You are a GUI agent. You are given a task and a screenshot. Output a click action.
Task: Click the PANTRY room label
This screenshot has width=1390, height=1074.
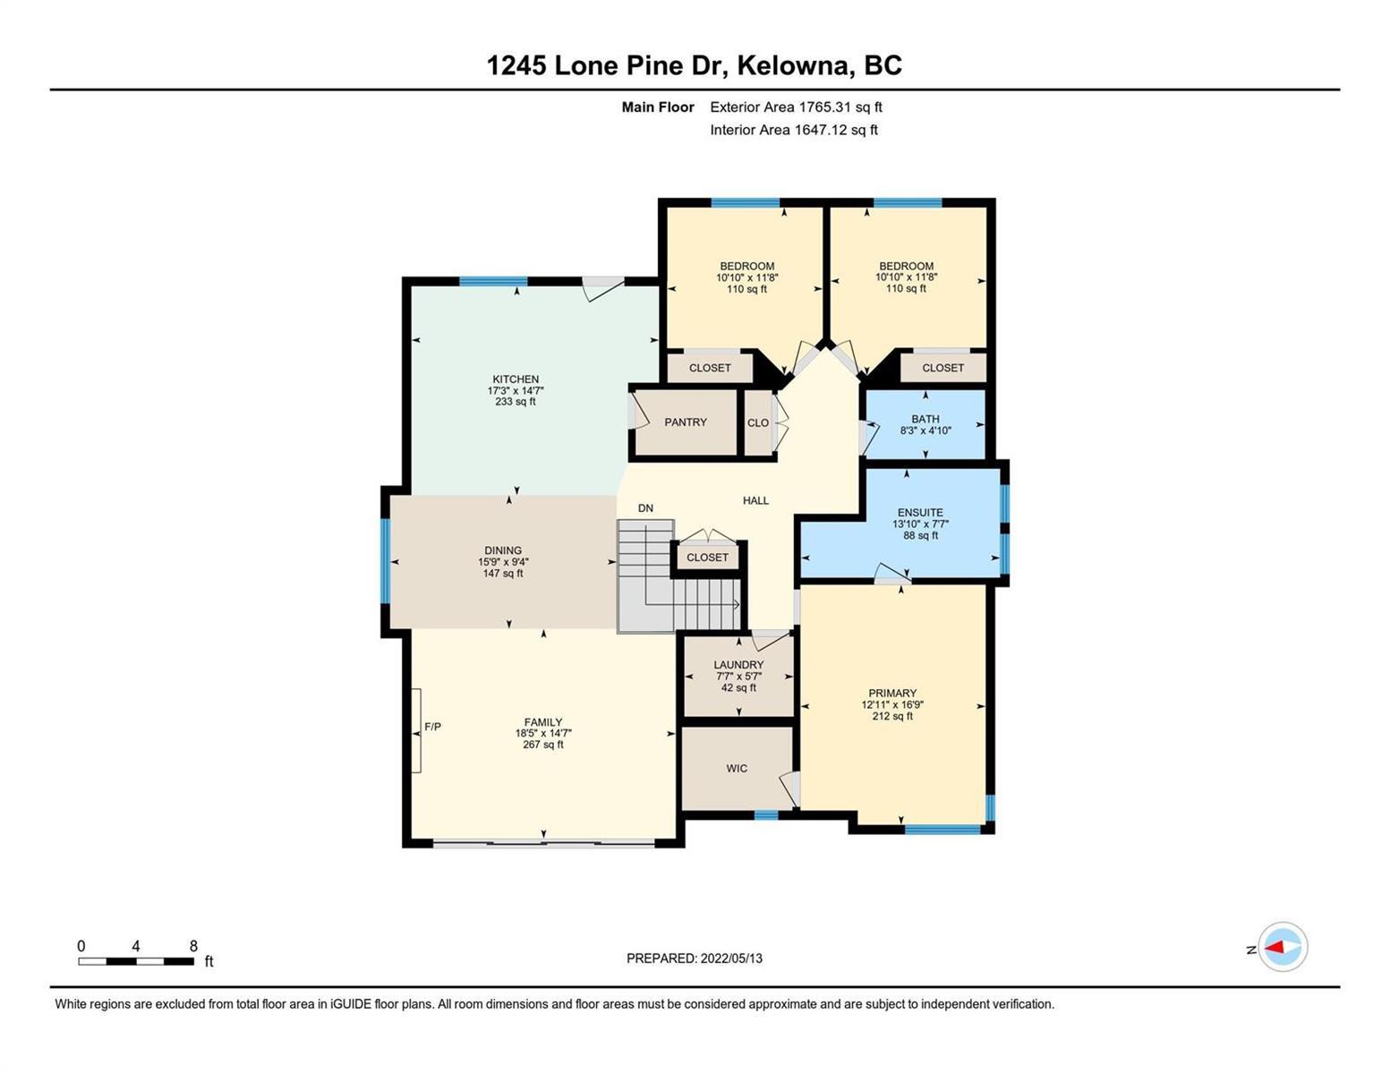tap(685, 422)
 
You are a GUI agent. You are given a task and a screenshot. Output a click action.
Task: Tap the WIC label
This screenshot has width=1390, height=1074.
tap(737, 768)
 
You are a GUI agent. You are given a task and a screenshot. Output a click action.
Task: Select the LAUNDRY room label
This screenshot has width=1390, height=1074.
tap(738, 665)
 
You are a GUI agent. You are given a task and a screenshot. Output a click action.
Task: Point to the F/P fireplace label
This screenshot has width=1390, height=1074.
tap(432, 727)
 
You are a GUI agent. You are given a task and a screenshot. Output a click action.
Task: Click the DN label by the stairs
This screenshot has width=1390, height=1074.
tap(645, 507)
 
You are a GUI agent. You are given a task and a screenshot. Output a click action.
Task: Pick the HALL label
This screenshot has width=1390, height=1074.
tap(755, 500)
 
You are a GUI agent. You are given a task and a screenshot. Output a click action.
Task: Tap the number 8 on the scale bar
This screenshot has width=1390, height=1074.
tap(193, 945)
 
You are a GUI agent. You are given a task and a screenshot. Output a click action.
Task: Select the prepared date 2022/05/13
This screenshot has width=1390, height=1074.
tap(731, 959)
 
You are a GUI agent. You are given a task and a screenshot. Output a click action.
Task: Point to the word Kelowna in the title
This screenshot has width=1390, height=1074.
tap(796, 65)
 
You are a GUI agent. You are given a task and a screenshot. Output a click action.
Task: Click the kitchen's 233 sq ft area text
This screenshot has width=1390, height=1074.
tap(515, 402)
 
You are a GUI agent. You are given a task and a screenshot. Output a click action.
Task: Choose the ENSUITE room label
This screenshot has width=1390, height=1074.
tap(920, 512)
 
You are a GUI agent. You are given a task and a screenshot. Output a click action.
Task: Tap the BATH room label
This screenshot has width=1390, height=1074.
tap(925, 419)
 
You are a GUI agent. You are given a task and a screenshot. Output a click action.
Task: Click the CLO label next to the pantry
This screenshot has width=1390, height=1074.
tap(758, 422)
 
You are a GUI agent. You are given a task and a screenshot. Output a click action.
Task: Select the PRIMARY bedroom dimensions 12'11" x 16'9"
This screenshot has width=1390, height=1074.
tap(892, 705)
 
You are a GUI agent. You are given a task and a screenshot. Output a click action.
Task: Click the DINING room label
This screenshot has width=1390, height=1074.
tap(503, 550)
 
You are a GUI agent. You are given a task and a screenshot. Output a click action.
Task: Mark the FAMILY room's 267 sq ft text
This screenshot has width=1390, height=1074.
tap(543, 745)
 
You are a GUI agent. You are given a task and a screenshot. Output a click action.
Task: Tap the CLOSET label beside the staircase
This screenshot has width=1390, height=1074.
tap(707, 558)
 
